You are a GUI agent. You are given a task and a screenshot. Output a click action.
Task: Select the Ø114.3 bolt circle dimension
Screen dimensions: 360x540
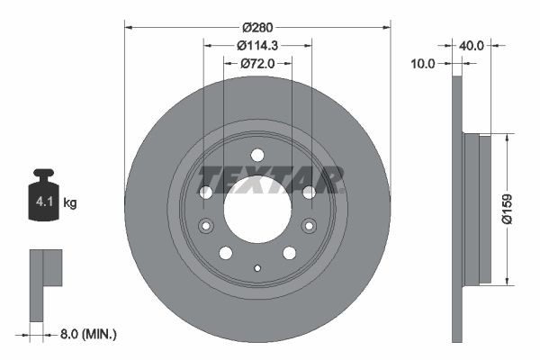pos(257,46)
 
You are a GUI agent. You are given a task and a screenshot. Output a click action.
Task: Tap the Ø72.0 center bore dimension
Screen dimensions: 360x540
pos(257,64)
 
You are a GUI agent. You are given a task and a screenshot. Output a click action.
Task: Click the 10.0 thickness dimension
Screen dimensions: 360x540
pos(422,64)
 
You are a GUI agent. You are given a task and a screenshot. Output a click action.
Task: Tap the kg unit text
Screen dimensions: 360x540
pos(70,203)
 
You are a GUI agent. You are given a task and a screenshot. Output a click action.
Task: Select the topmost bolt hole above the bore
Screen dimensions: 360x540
pos(257,154)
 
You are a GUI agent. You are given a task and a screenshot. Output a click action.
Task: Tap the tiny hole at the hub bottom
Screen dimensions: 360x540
pos(257,267)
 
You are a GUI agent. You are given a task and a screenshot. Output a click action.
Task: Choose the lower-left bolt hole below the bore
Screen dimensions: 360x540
pos(226,252)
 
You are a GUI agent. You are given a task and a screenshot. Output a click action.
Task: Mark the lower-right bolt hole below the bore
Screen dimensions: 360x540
pos(289,252)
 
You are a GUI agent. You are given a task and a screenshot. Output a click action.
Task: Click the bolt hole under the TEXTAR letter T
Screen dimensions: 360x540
pos(205,192)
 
